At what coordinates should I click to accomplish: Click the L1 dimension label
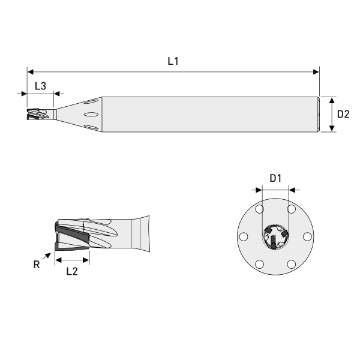coord(173,61)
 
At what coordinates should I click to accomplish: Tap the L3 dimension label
coord(40,86)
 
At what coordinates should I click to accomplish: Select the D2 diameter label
coord(343,114)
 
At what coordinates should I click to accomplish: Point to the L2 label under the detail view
coord(71,271)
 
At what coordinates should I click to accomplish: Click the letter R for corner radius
coord(37,265)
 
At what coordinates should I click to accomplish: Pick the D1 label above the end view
coord(275,178)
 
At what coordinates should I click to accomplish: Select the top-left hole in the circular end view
coord(259,209)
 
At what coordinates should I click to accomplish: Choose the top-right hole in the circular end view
coord(292,209)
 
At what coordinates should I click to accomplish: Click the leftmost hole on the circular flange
coord(243,236)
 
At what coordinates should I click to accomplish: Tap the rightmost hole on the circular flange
coord(308,236)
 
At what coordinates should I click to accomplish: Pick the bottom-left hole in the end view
coord(259,264)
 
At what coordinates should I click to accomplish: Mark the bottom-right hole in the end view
coord(292,264)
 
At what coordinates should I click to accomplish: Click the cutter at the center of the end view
coord(275,238)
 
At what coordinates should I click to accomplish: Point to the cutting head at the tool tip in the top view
coord(37,114)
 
